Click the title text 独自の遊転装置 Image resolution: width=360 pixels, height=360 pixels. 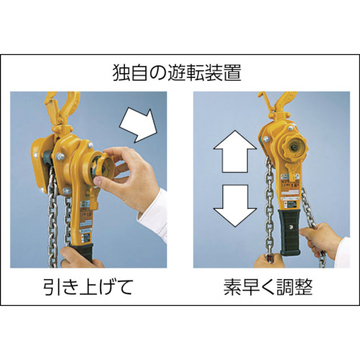(x=180, y=73)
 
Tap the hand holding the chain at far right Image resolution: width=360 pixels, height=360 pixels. (x=323, y=244)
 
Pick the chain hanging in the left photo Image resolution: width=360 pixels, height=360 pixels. (x=53, y=223)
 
